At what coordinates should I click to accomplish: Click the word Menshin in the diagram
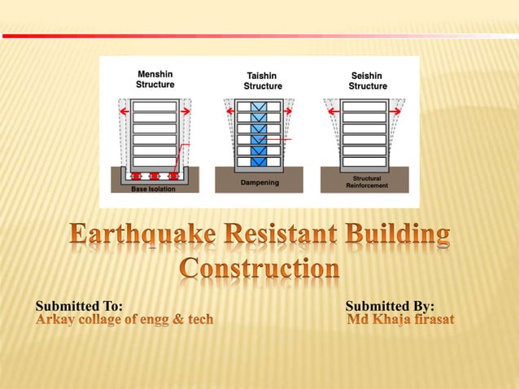point(155,74)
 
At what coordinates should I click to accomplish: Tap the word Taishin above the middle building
point(263,76)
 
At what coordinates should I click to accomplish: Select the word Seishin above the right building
point(368,76)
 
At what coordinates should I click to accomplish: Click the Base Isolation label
point(153,189)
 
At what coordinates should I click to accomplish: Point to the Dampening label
point(259,183)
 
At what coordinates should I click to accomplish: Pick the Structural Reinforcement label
point(367,181)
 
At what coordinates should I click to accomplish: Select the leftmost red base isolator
point(135,176)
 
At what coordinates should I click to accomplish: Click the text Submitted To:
point(79,306)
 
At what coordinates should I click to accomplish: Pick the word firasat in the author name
point(429,320)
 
